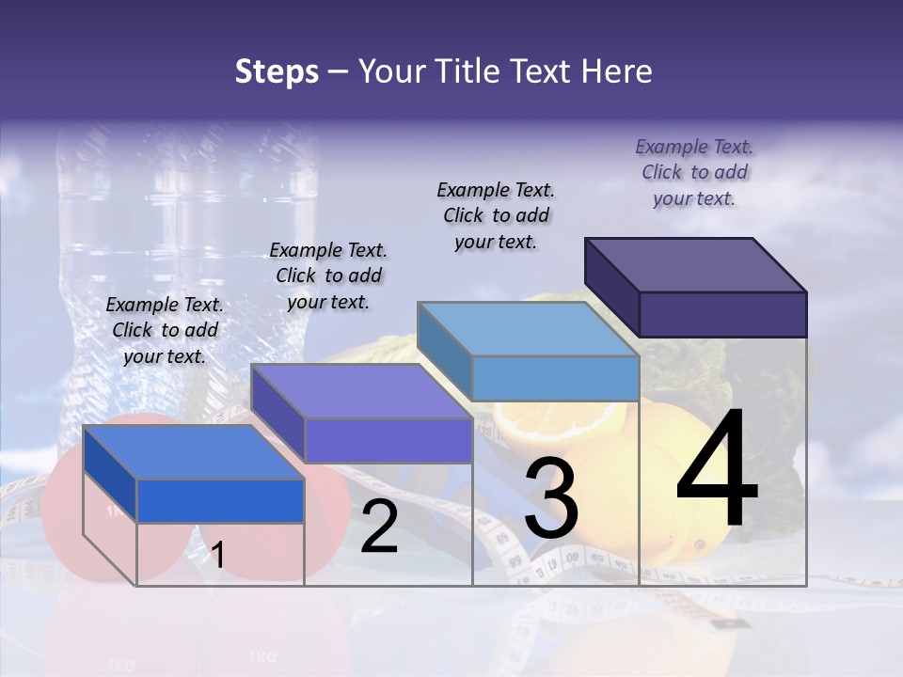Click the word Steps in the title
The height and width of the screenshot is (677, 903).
pyautogui.click(x=277, y=71)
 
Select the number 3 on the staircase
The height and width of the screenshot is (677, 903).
pyautogui.click(x=551, y=498)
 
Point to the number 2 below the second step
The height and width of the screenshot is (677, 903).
pyautogui.click(x=380, y=527)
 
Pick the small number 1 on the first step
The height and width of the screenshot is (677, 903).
pyautogui.click(x=217, y=555)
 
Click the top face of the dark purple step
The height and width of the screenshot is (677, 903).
pyautogui.click(x=696, y=264)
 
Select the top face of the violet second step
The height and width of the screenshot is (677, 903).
pyautogui.click(x=362, y=390)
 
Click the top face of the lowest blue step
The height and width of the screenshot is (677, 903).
pyautogui.click(x=194, y=451)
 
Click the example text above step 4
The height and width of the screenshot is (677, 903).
pyautogui.click(x=694, y=172)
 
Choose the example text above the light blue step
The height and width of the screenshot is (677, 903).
pyautogui.click(x=496, y=215)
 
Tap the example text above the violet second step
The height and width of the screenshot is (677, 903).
pyautogui.click(x=328, y=276)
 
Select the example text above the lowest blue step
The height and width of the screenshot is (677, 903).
pyautogui.click(x=165, y=330)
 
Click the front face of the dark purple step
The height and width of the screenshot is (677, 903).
pyautogui.click(x=722, y=314)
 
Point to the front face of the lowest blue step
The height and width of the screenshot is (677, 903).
pyautogui.click(x=220, y=500)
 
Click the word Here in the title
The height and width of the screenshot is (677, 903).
pyautogui.click(x=617, y=71)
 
